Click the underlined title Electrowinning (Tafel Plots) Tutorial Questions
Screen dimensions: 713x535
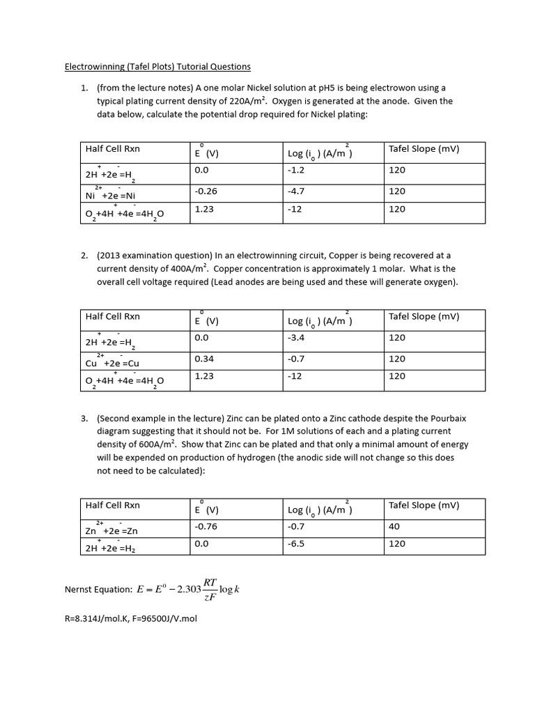tap(157, 67)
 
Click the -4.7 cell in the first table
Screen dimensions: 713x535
tap(296, 190)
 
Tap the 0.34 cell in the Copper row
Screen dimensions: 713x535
tap(203, 359)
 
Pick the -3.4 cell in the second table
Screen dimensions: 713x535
tap(296, 338)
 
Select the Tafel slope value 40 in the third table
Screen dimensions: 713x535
tap(394, 527)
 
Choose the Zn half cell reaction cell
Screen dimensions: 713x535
tap(111, 530)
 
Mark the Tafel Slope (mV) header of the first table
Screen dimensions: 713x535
tap(424, 149)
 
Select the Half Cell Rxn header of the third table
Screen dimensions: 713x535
tap(112, 506)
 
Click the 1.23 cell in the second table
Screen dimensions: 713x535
tap(203, 376)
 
